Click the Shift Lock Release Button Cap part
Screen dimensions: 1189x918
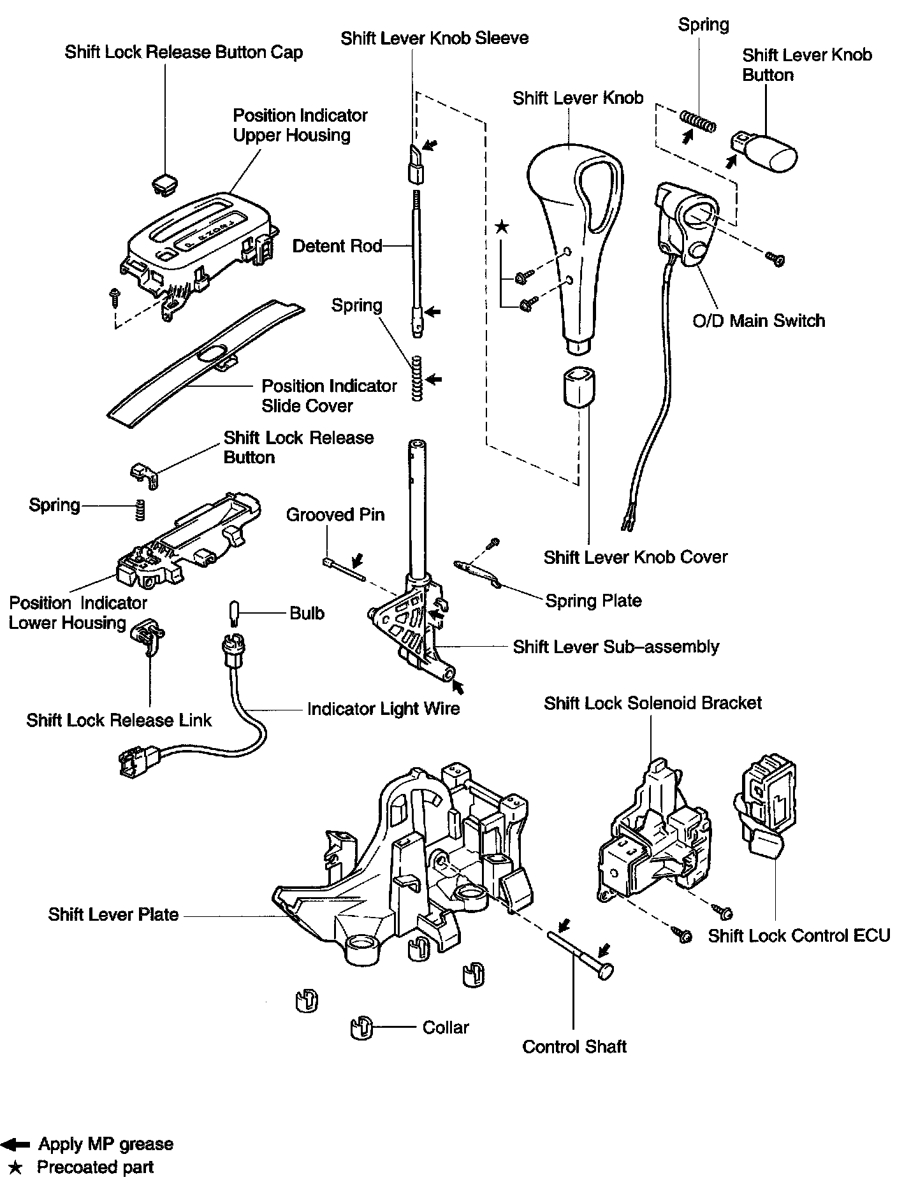click(164, 182)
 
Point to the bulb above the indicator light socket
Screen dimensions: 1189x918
click(233, 614)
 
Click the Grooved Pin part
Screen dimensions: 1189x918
click(344, 570)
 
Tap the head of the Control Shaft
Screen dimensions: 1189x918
click(606, 970)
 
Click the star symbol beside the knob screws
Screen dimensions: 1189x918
click(502, 227)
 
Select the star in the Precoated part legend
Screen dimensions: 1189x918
click(17, 1167)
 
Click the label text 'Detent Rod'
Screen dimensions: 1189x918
click(337, 246)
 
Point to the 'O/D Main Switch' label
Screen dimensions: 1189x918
click(759, 320)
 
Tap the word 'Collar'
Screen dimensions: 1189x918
click(446, 1027)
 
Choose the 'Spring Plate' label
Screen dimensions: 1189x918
click(594, 600)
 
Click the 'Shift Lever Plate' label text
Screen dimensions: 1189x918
click(113, 914)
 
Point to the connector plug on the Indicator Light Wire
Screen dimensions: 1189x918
click(138, 761)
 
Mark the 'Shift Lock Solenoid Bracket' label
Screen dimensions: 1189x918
click(653, 703)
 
